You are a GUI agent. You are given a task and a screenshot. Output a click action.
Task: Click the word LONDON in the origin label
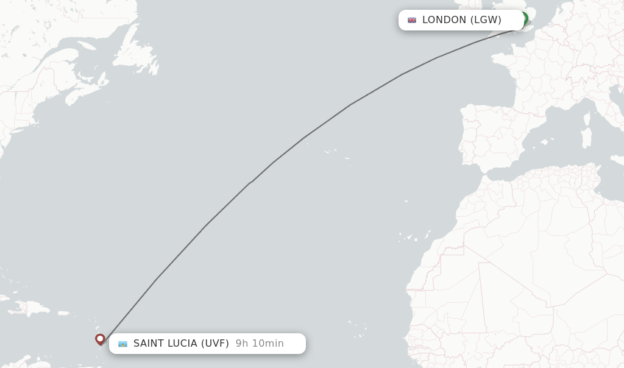tap(444, 20)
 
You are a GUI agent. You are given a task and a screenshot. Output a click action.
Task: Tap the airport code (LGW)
tap(486, 20)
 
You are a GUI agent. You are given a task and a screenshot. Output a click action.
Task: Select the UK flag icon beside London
tap(412, 20)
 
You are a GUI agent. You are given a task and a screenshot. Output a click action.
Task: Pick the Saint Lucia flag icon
tap(122, 344)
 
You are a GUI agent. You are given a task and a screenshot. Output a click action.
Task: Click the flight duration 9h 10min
tap(260, 344)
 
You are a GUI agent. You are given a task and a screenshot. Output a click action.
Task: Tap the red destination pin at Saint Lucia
tap(100, 339)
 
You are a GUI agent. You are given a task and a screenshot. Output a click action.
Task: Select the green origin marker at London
tap(523, 18)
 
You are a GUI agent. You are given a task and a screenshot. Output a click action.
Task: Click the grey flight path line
tap(305, 136)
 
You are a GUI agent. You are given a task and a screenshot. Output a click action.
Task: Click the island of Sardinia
tap(586, 137)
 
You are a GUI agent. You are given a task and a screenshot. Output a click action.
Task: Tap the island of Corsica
tap(587, 117)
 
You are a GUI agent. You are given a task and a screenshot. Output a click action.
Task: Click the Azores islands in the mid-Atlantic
tap(332, 152)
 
